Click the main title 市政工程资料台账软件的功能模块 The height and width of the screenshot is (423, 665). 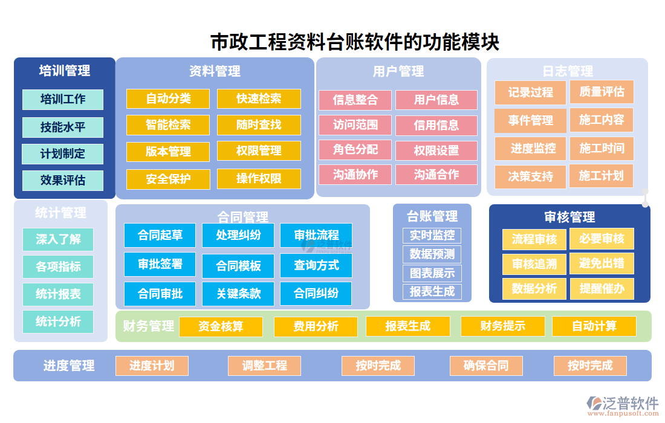tap(354, 42)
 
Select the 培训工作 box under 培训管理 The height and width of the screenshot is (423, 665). tap(63, 99)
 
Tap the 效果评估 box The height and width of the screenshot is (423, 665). tap(63, 180)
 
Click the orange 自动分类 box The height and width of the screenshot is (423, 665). tap(168, 98)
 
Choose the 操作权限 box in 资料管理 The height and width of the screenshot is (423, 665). tap(259, 179)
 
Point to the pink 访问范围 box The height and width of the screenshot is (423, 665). tap(355, 125)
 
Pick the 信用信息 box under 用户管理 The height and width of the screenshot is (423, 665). tap(436, 125)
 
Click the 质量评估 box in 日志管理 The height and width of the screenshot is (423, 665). tap(602, 92)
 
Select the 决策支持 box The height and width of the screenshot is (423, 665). tap(530, 176)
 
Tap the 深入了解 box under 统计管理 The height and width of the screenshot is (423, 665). tap(58, 239)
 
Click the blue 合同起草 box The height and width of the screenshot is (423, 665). tap(160, 235)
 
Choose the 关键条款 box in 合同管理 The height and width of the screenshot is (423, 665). tap(238, 294)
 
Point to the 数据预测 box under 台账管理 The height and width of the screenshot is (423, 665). tap(432, 254)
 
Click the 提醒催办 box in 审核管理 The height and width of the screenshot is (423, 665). tap(602, 289)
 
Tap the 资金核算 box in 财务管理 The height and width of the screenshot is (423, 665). tap(221, 326)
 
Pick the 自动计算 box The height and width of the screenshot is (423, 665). tap(594, 326)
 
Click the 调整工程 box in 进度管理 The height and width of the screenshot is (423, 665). tap(264, 366)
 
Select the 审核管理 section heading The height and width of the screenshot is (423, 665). tap(569, 217)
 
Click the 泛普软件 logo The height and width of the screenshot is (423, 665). tap(622, 404)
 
